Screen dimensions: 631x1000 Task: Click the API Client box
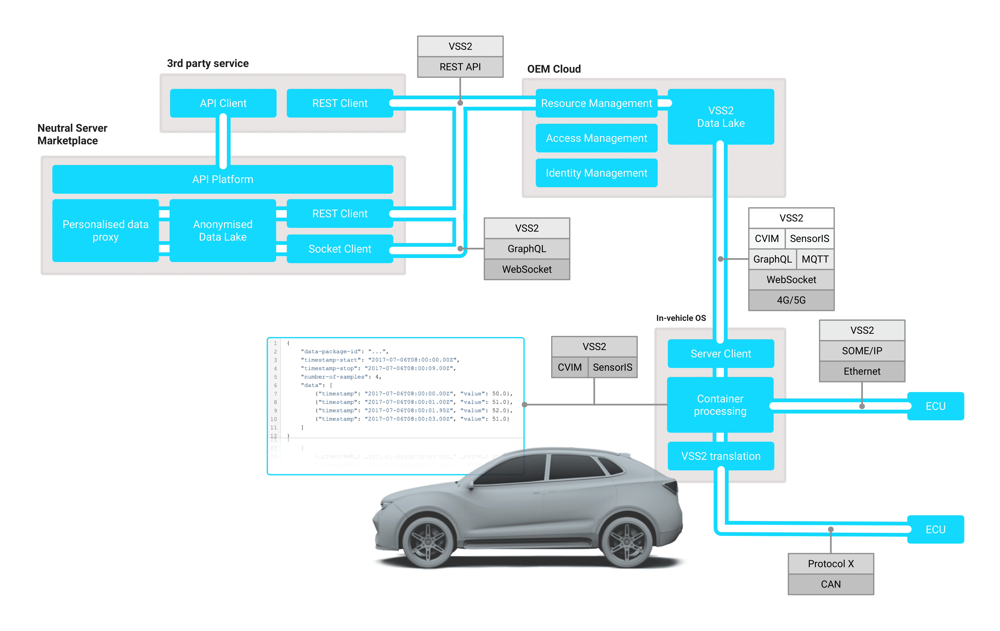[x=223, y=103]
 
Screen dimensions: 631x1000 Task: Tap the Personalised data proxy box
[x=105, y=230]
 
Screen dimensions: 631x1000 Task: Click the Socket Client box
[x=340, y=249]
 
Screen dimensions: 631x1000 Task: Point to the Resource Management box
[x=596, y=103]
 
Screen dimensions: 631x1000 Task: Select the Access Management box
[x=596, y=138]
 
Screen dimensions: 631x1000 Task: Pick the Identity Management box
[x=596, y=173]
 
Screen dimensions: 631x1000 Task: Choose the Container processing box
[x=720, y=405]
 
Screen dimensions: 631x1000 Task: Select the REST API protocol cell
[x=460, y=67]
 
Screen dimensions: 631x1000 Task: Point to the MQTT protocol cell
[x=815, y=259]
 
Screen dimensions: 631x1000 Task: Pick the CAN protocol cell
[x=831, y=584]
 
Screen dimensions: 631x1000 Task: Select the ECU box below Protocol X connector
[x=935, y=529]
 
